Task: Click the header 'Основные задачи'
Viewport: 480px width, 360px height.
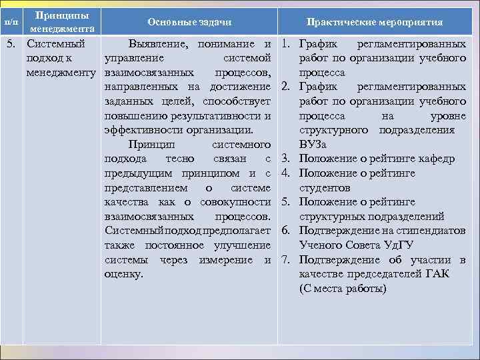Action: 189,22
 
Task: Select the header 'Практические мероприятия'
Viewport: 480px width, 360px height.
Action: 374,22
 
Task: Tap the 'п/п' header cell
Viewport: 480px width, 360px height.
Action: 11,22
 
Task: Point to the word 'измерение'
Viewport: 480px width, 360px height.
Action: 225,259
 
